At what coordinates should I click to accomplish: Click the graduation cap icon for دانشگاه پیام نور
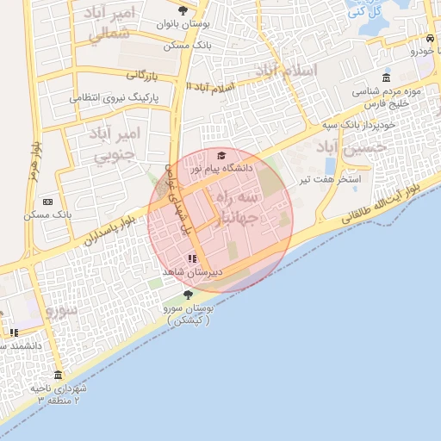tap(221, 156)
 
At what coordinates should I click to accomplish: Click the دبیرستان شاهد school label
tap(193, 271)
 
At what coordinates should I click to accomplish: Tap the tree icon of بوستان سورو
tap(188, 295)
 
